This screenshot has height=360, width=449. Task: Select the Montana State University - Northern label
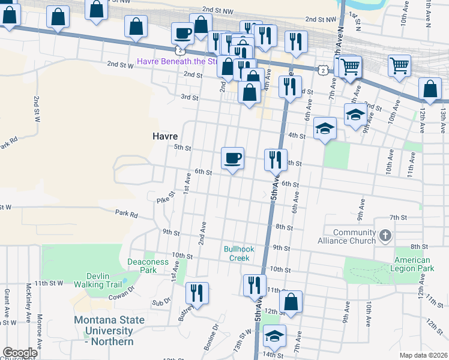109,331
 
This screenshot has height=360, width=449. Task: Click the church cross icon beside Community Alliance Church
385,236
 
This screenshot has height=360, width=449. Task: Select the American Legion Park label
413,264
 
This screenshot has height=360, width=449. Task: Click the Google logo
20,353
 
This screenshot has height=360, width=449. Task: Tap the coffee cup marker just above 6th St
233,158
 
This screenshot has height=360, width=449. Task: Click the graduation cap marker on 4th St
325,128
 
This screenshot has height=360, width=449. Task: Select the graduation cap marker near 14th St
275,336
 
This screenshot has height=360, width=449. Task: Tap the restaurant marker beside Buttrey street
197,293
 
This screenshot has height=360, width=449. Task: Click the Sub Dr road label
161,303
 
